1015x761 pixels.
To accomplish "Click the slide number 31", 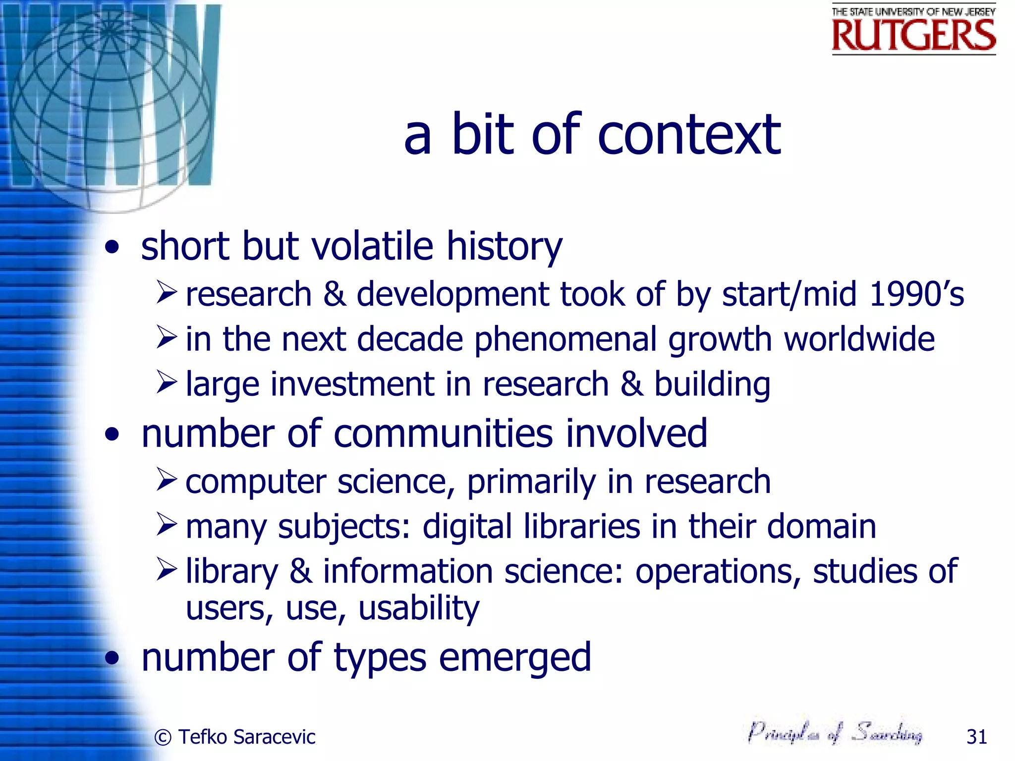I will click(976, 737).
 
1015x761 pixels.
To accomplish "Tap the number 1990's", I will click(916, 294).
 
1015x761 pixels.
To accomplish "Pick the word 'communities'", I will click(443, 434).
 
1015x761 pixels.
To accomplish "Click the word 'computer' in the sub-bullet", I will click(256, 482).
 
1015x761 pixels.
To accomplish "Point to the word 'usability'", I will click(419, 608).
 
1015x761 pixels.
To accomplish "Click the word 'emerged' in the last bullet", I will click(515, 658).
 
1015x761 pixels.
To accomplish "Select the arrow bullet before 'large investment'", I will click(167, 382).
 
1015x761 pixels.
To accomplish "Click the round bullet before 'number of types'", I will click(113, 658).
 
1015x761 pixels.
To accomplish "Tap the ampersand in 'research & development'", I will click(335, 294).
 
